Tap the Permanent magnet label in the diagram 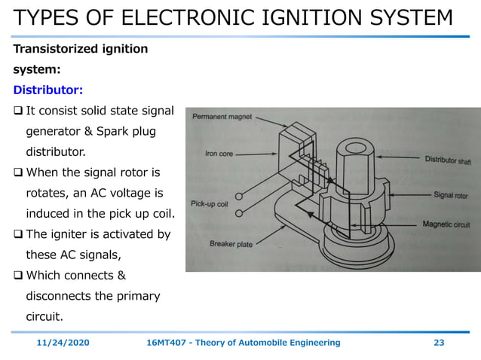pos(222,117)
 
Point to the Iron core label pos(219,154)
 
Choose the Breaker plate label pos(231,244)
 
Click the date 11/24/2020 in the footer pos(63,343)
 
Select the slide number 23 pos(439,343)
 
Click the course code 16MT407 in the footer pos(167,343)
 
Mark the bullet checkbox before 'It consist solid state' pos(18,111)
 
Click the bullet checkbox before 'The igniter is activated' pos(18,234)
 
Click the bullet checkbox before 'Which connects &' pos(18,275)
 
